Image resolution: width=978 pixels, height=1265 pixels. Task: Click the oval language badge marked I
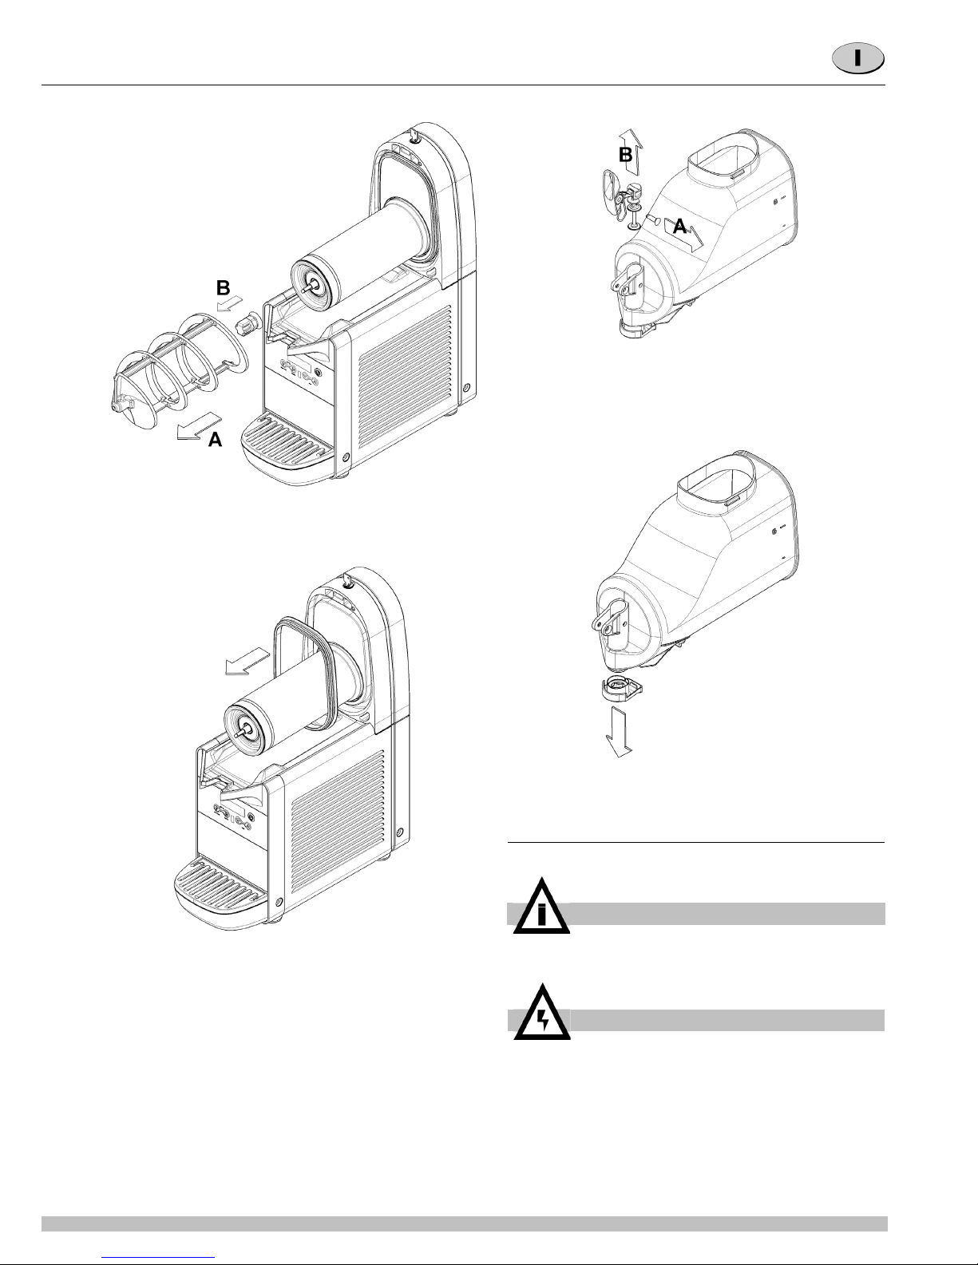coord(858,59)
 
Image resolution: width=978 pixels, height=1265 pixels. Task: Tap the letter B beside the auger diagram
coord(223,287)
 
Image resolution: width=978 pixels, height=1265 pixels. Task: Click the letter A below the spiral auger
coord(216,440)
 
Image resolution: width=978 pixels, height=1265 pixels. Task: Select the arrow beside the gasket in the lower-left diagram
coord(247,662)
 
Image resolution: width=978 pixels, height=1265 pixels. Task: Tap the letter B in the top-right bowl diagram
coord(624,155)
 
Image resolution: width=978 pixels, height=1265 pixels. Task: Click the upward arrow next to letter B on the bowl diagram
coord(631,152)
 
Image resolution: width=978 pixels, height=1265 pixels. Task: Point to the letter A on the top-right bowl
coord(679,227)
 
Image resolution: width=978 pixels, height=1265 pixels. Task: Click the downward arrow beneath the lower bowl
coord(619,732)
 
